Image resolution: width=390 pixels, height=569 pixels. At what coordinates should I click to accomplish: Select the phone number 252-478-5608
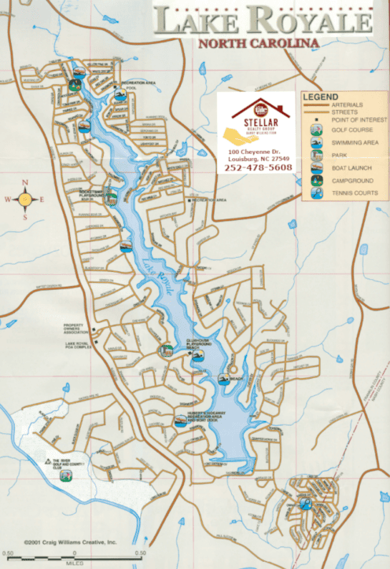259,167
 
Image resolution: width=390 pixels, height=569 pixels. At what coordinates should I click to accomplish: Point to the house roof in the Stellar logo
259,107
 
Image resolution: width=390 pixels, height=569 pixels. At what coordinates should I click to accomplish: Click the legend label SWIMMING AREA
357,142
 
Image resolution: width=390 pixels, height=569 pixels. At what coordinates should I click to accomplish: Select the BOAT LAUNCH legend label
353,167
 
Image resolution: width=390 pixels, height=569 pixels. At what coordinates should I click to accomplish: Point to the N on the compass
25,183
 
